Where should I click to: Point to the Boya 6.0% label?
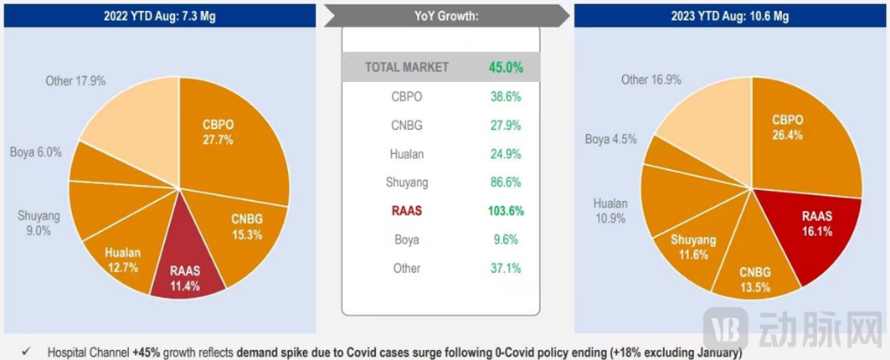[36, 152]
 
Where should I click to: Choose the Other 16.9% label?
[651, 80]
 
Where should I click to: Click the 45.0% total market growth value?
[506, 67]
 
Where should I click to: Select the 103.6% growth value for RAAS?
[506, 211]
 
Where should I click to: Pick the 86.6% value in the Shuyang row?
[506, 182]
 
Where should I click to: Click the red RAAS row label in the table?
[407, 211]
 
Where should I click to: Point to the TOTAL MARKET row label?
[407, 67]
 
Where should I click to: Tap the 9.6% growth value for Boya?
[506, 239]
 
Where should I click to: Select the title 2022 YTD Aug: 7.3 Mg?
[159, 16]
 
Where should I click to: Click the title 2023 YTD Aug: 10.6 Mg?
[729, 16]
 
